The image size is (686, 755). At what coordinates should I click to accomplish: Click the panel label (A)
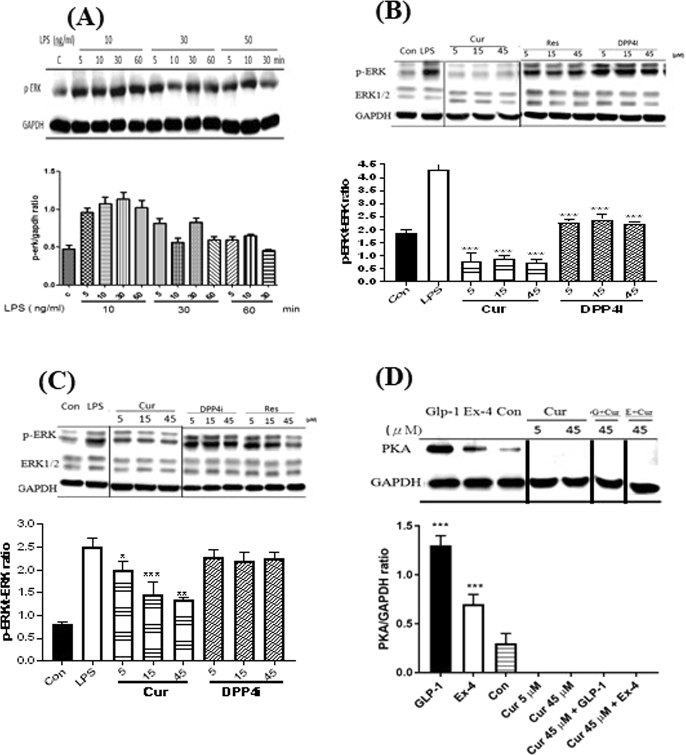pyautogui.click(x=85, y=19)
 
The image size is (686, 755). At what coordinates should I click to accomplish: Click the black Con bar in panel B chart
pyautogui.click(x=406, y=257)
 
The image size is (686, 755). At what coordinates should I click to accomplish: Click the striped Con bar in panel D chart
pyautogui.click(x=506, y=658)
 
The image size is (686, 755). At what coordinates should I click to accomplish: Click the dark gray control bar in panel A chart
pyautogui.click(x=69, y=266)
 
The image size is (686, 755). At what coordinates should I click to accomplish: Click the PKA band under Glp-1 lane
pyautogui.click(x=440, y=450)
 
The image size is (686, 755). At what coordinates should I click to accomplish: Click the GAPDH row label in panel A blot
pyautogui.click(x=33, y=124)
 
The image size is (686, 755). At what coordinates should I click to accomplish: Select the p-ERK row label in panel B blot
pyautogui.click(x=370, y=72)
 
